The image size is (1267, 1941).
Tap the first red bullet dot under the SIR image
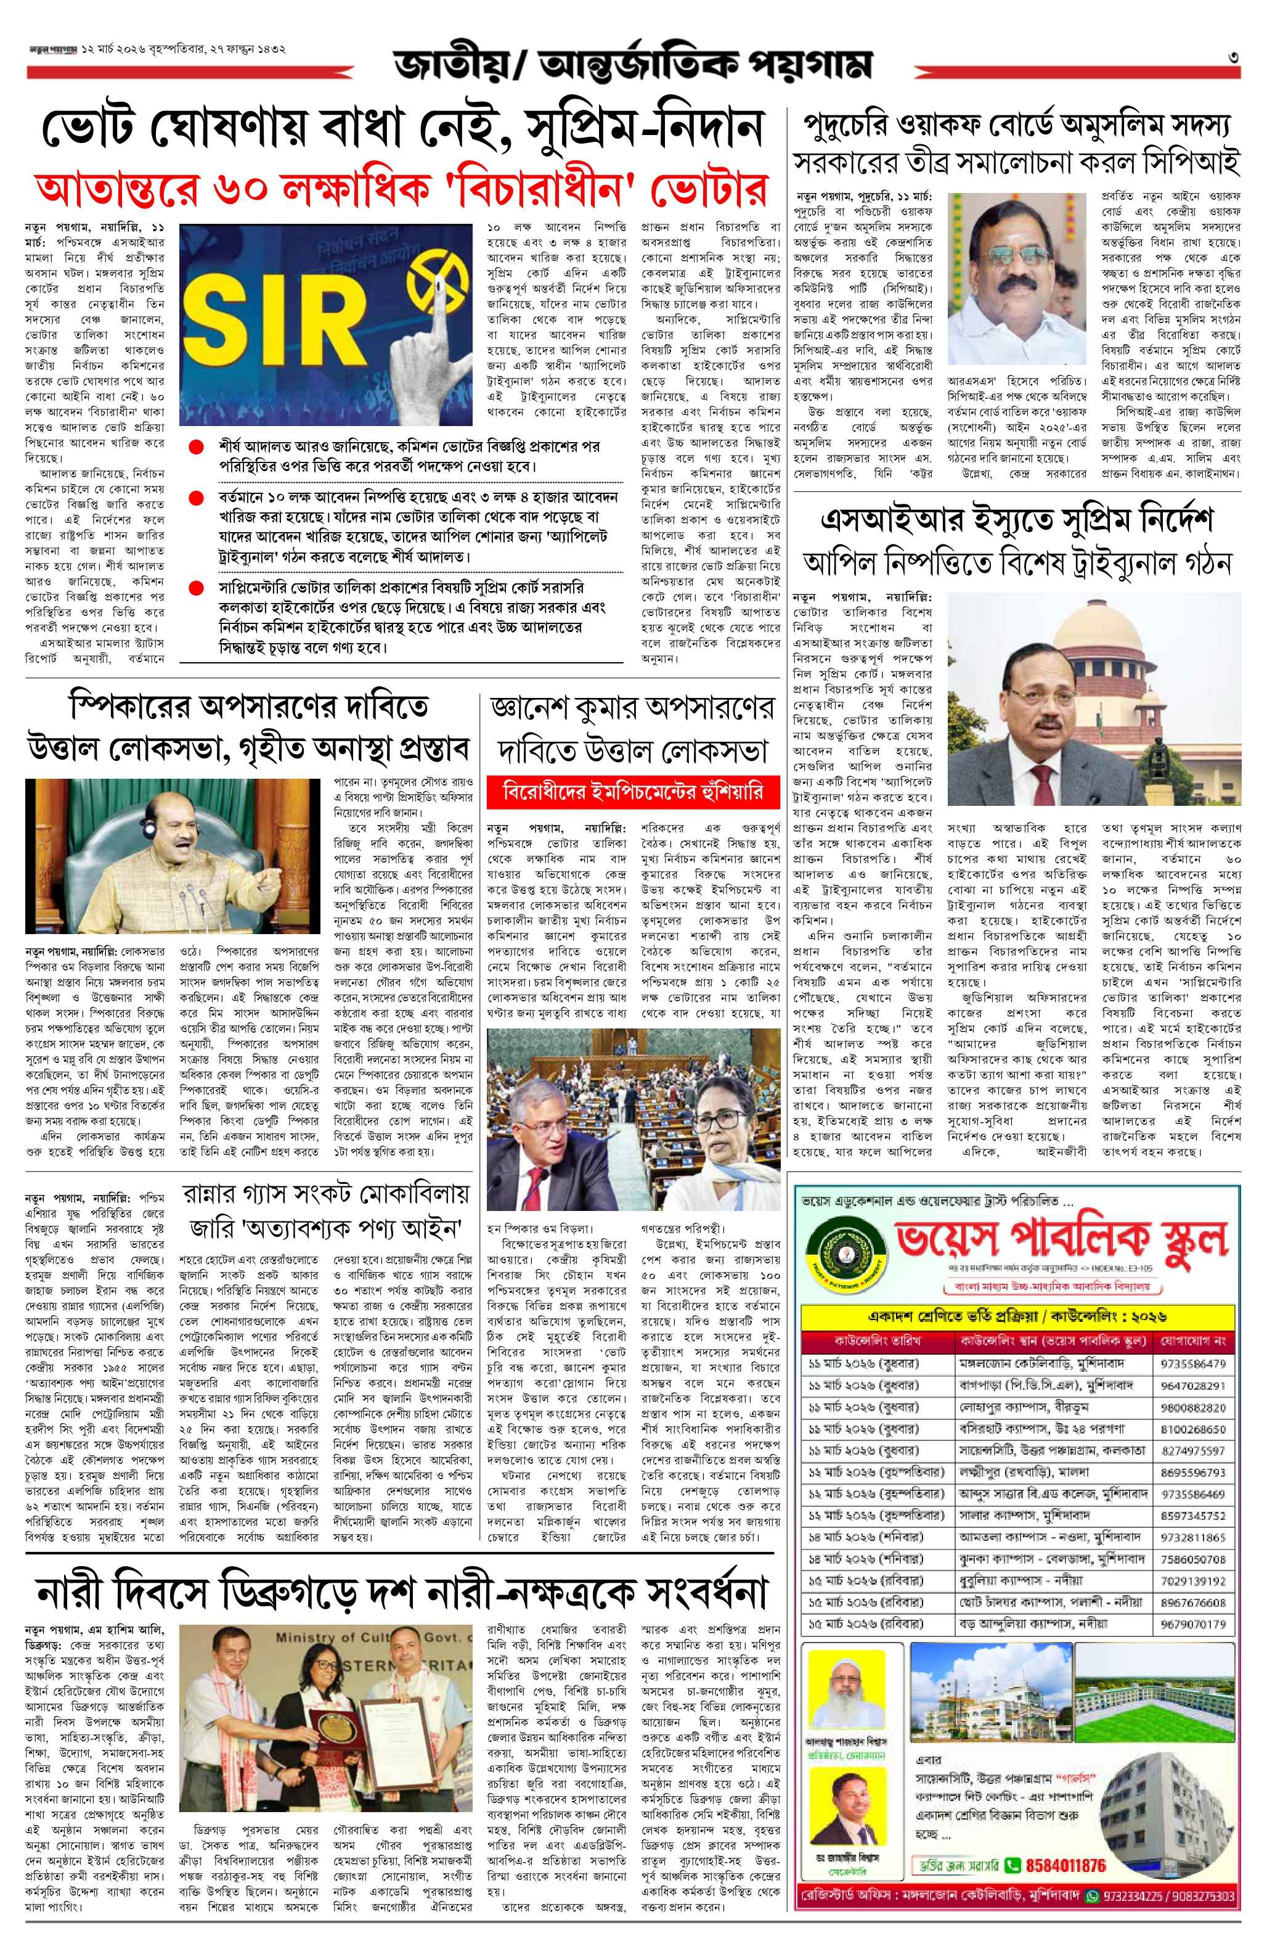196,448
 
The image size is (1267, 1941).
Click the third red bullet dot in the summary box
196,587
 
